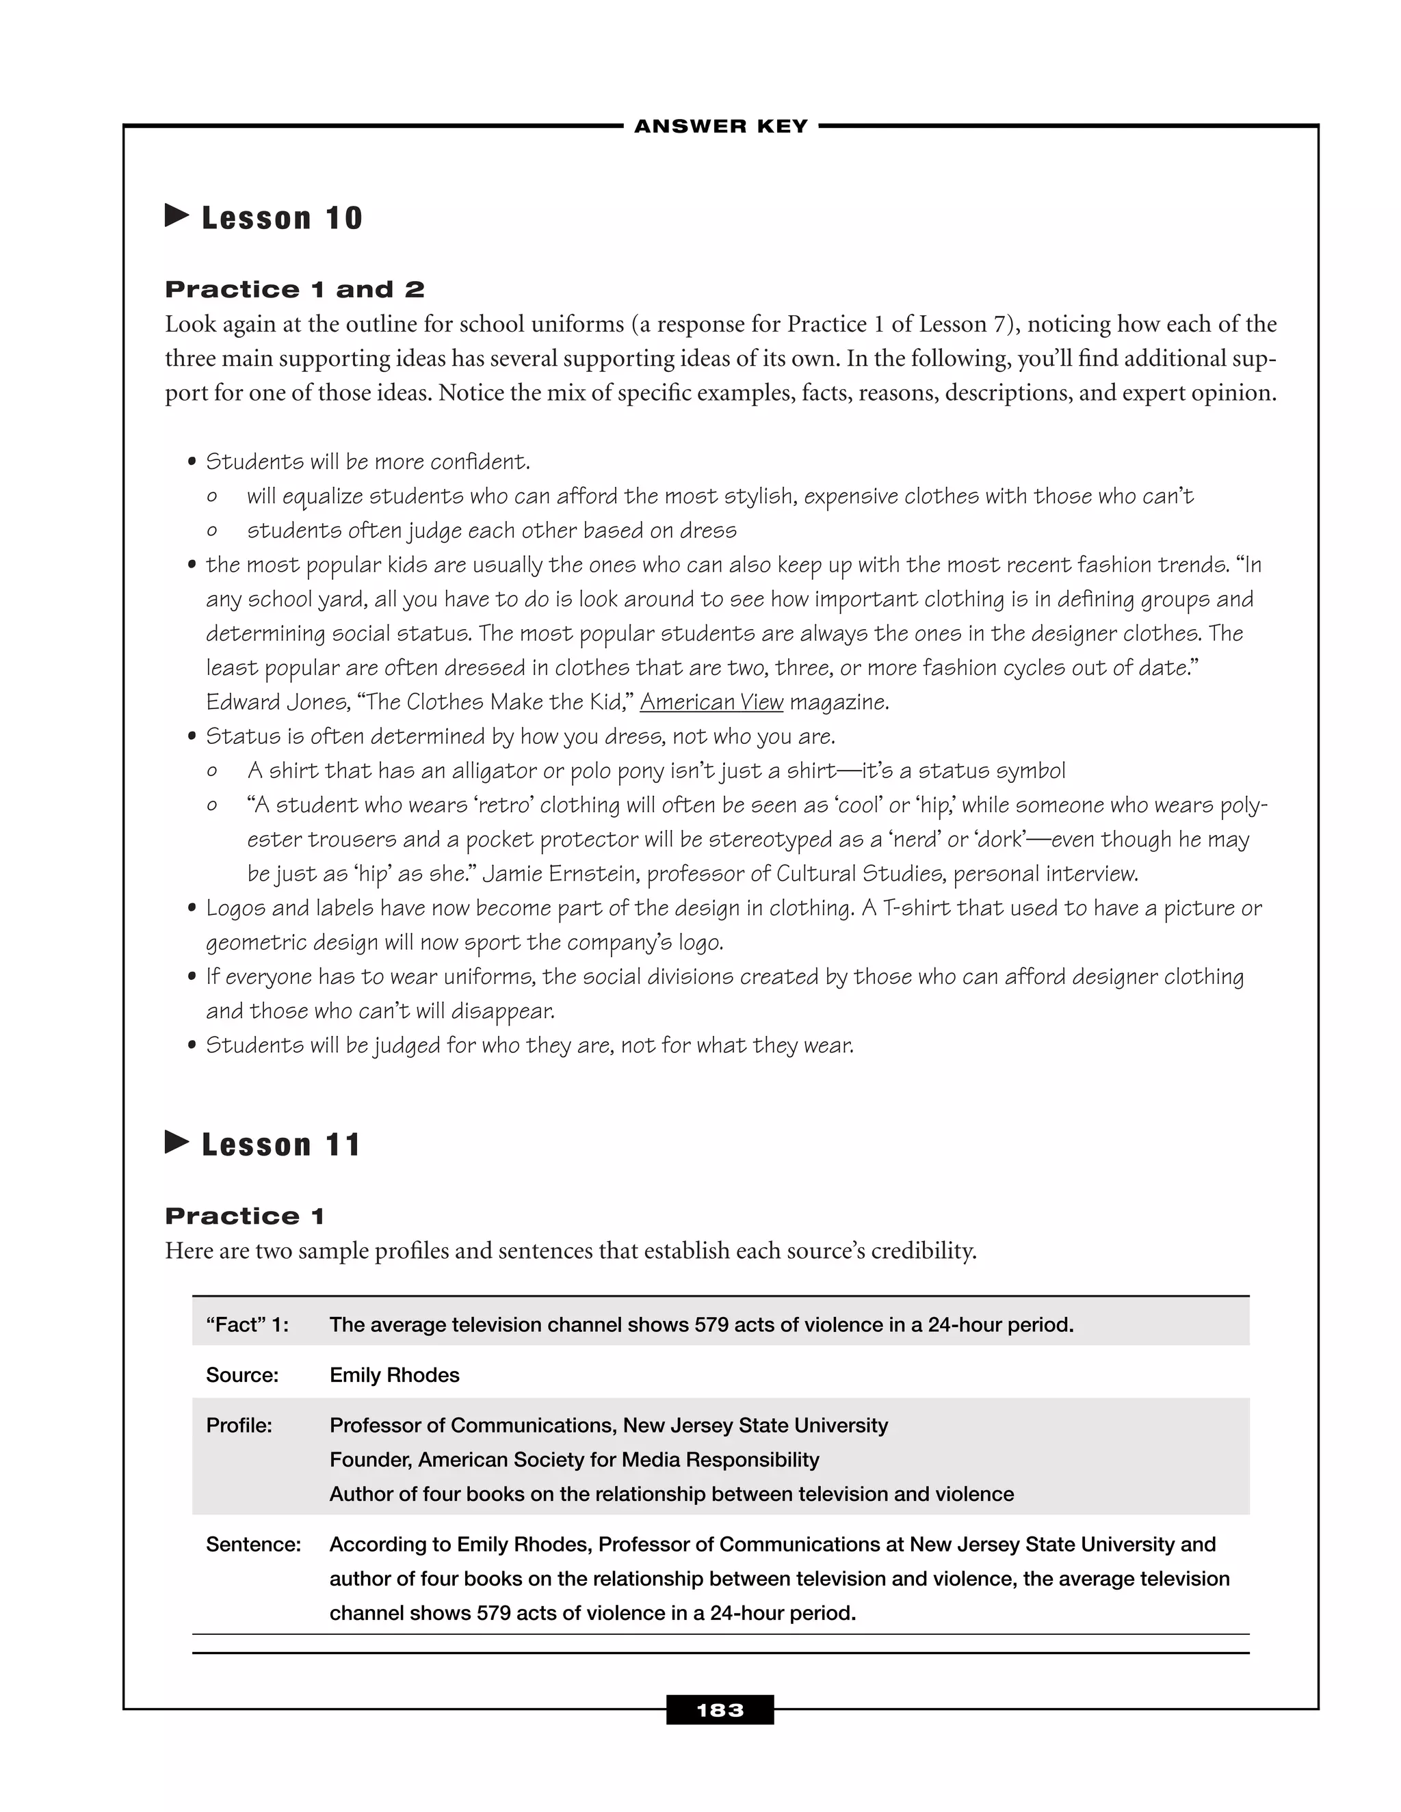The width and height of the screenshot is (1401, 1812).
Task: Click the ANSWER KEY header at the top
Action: click(720, 126)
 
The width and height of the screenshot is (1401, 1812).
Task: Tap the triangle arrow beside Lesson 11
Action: click(176, 1143)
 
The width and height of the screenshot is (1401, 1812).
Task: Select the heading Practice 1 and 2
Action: click(295, 289)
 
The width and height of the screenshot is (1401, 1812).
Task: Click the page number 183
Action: click(720, 1710)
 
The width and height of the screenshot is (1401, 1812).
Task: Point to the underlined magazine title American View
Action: click(711, 702)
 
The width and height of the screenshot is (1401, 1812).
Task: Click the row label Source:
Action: click(241, 1375)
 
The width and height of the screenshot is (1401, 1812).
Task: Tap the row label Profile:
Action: click(239, 1426)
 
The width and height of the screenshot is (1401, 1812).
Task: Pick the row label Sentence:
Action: click(253, 1544)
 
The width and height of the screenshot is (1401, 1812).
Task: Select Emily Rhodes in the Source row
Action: click(394, 1375)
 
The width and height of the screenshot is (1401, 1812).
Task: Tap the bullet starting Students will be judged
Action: click(529, 1045)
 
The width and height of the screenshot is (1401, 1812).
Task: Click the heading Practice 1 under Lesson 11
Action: click(244, 1216)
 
